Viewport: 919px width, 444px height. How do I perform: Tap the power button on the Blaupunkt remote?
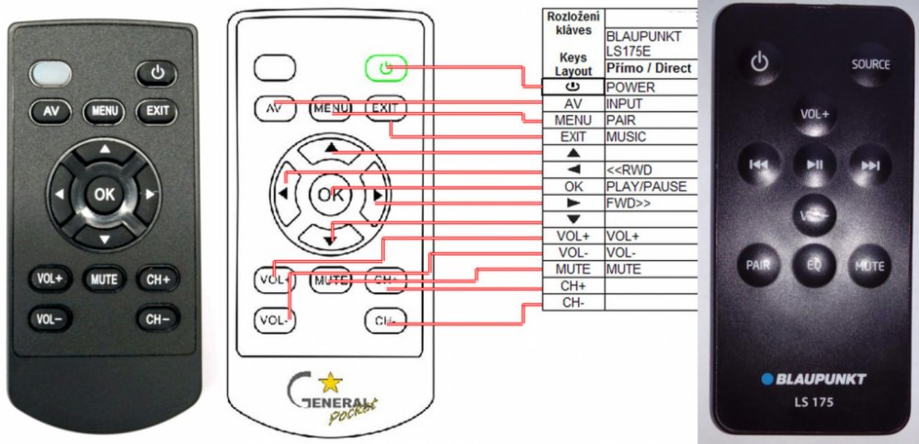758,63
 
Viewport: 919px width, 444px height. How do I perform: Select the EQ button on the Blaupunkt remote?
813,265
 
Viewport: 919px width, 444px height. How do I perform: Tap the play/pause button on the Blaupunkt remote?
813,165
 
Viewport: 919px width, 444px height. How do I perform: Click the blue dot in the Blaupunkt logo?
765,379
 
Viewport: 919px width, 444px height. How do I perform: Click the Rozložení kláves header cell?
573,23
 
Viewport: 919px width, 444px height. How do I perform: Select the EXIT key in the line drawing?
384,108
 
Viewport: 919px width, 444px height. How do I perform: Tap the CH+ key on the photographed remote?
157,278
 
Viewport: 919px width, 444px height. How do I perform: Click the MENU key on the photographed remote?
104,112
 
